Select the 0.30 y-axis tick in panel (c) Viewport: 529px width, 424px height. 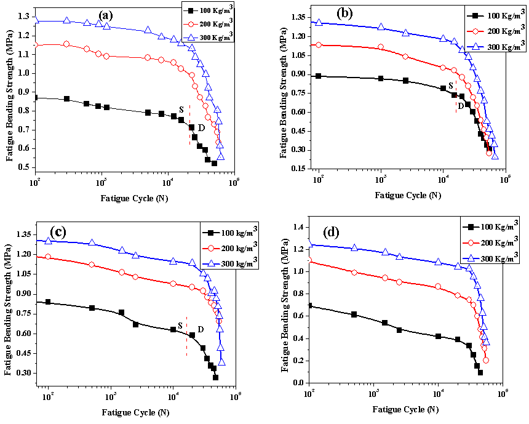click(20, 373)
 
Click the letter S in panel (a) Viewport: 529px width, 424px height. click(181, 110)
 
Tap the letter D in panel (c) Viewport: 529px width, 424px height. click(201, 330)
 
